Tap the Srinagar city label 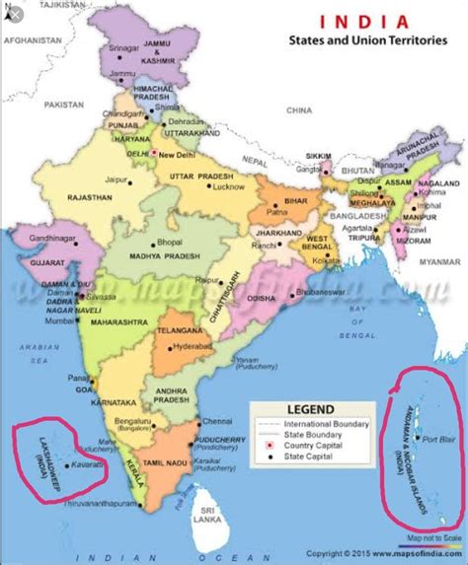click(123, 47)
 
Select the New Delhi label click(179, 154)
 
